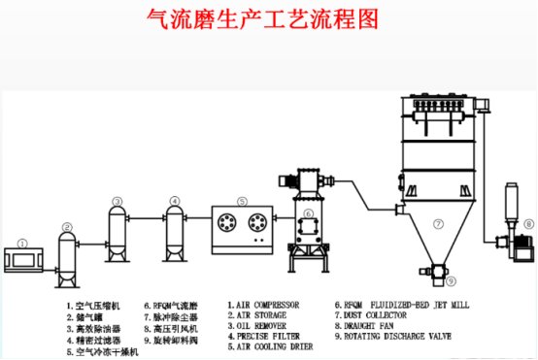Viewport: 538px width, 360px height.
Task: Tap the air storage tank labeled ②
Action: tap(66, 258)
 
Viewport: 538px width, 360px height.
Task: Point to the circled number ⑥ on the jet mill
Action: tap(308, 214)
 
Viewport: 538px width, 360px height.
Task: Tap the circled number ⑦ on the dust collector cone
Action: tap(438, 224)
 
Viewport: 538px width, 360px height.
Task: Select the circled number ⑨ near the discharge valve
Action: tap(452, 281)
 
